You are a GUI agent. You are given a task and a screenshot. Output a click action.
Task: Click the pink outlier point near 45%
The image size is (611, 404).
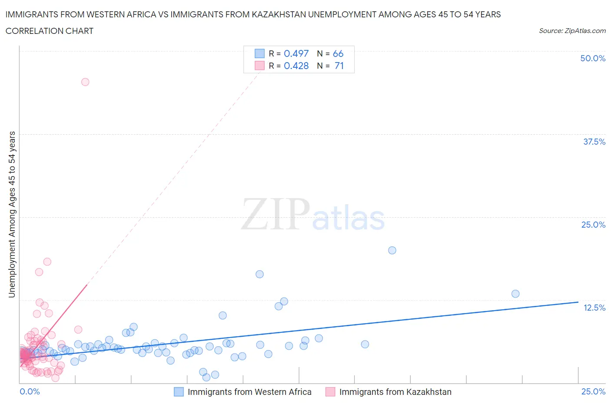(85, 82)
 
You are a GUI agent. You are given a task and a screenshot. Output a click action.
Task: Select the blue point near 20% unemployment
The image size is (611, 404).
(392, 250)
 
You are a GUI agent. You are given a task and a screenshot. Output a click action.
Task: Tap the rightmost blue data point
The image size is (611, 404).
(515, 294)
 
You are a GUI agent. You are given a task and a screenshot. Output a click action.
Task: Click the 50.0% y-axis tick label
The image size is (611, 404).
(593, 58)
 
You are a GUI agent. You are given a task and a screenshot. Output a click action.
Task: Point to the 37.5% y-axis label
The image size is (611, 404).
(594, 142)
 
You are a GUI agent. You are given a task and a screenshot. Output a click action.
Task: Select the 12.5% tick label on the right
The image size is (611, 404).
(594, 308)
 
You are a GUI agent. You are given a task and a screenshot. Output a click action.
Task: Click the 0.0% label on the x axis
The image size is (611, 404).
(30, 391)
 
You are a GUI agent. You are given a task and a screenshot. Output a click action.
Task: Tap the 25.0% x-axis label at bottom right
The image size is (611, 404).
(593, 391)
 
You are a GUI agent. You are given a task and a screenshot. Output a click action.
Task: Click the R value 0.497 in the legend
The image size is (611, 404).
(296, 53)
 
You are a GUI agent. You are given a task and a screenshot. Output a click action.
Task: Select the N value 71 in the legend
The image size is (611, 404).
(339, 66)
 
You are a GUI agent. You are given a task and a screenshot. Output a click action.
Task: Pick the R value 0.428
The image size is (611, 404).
(296, 66)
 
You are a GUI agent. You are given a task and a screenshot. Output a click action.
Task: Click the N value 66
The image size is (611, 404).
(338, 53)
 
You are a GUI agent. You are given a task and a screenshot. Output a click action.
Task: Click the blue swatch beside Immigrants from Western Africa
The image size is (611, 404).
(179, 392)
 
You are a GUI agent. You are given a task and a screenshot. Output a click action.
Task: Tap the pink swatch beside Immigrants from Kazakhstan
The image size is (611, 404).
(330, 392)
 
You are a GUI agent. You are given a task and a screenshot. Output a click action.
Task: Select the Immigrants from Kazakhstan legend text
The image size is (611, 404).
(395, 392)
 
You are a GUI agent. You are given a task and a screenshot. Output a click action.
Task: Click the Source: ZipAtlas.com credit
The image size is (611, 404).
(572, 30)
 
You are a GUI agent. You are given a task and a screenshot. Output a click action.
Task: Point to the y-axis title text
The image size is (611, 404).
(12, 215)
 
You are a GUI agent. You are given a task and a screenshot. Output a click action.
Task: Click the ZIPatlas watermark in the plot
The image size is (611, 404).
(313, 214)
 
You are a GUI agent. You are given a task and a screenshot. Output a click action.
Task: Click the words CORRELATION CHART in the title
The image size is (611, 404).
(50, 31)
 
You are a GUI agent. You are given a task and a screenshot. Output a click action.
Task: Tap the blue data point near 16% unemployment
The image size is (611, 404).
(259, 274)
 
